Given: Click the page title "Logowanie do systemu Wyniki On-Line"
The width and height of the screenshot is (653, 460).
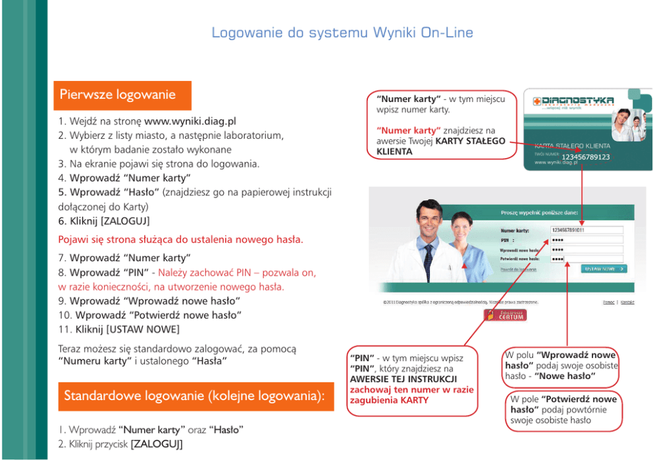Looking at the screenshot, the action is point(342,33).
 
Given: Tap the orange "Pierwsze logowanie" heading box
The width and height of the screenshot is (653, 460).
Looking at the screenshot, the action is point(122,95).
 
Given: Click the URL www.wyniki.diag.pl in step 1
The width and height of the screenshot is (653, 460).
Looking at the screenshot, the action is point(190,122).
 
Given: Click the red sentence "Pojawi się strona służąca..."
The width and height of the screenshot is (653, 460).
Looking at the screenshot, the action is point(181,240).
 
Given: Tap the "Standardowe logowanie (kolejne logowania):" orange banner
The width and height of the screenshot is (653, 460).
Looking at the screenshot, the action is point(196,396).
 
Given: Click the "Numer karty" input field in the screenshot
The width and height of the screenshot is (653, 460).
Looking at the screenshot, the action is point(586,230).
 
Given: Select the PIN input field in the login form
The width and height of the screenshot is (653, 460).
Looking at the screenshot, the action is point(586,240).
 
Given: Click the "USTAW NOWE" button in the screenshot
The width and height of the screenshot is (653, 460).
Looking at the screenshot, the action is point(604,268).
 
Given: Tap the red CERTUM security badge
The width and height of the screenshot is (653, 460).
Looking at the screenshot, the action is point(505,315).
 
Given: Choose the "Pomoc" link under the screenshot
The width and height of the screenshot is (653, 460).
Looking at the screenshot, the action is point(608,302).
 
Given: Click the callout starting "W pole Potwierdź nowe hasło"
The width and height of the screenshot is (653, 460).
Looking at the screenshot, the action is point(564,409).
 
